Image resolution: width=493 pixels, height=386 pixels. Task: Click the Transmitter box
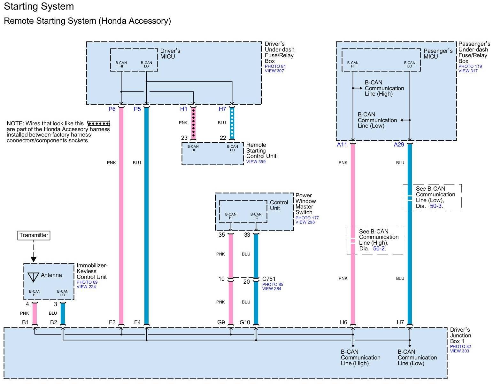pos(34,235)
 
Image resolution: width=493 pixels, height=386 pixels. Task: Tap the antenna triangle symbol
pos(33,277)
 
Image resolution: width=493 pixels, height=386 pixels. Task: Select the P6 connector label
pos(112,109)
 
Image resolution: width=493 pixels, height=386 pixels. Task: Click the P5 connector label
pos(137,109)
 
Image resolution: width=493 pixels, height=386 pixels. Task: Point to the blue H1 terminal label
pos(184,109)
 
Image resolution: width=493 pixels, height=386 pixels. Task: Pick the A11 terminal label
pos(342,145)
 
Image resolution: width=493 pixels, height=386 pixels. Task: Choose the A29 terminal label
pos(399,145)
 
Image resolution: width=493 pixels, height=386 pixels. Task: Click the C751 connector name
pos(269,279)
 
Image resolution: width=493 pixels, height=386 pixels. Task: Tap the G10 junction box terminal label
pos(245,322)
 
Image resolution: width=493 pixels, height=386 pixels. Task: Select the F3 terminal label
pos(112,322)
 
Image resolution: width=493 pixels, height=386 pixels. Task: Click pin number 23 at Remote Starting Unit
pos(184,138)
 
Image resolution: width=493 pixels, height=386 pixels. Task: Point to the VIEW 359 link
pos(256,162)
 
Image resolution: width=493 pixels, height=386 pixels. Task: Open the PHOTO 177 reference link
pos(307,218)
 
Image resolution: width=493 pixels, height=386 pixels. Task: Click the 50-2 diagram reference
pos(379,248)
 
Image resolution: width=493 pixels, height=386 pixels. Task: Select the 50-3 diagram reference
pos(436,206)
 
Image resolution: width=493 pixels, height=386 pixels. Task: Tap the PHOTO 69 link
pos(87,282)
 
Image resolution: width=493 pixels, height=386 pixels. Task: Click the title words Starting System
pos(39,6)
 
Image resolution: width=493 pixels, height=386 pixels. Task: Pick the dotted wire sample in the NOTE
pos(98,123)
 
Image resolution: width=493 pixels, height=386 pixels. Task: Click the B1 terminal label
pos(26,322)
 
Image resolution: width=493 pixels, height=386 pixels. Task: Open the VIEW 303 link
pos(459,351)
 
